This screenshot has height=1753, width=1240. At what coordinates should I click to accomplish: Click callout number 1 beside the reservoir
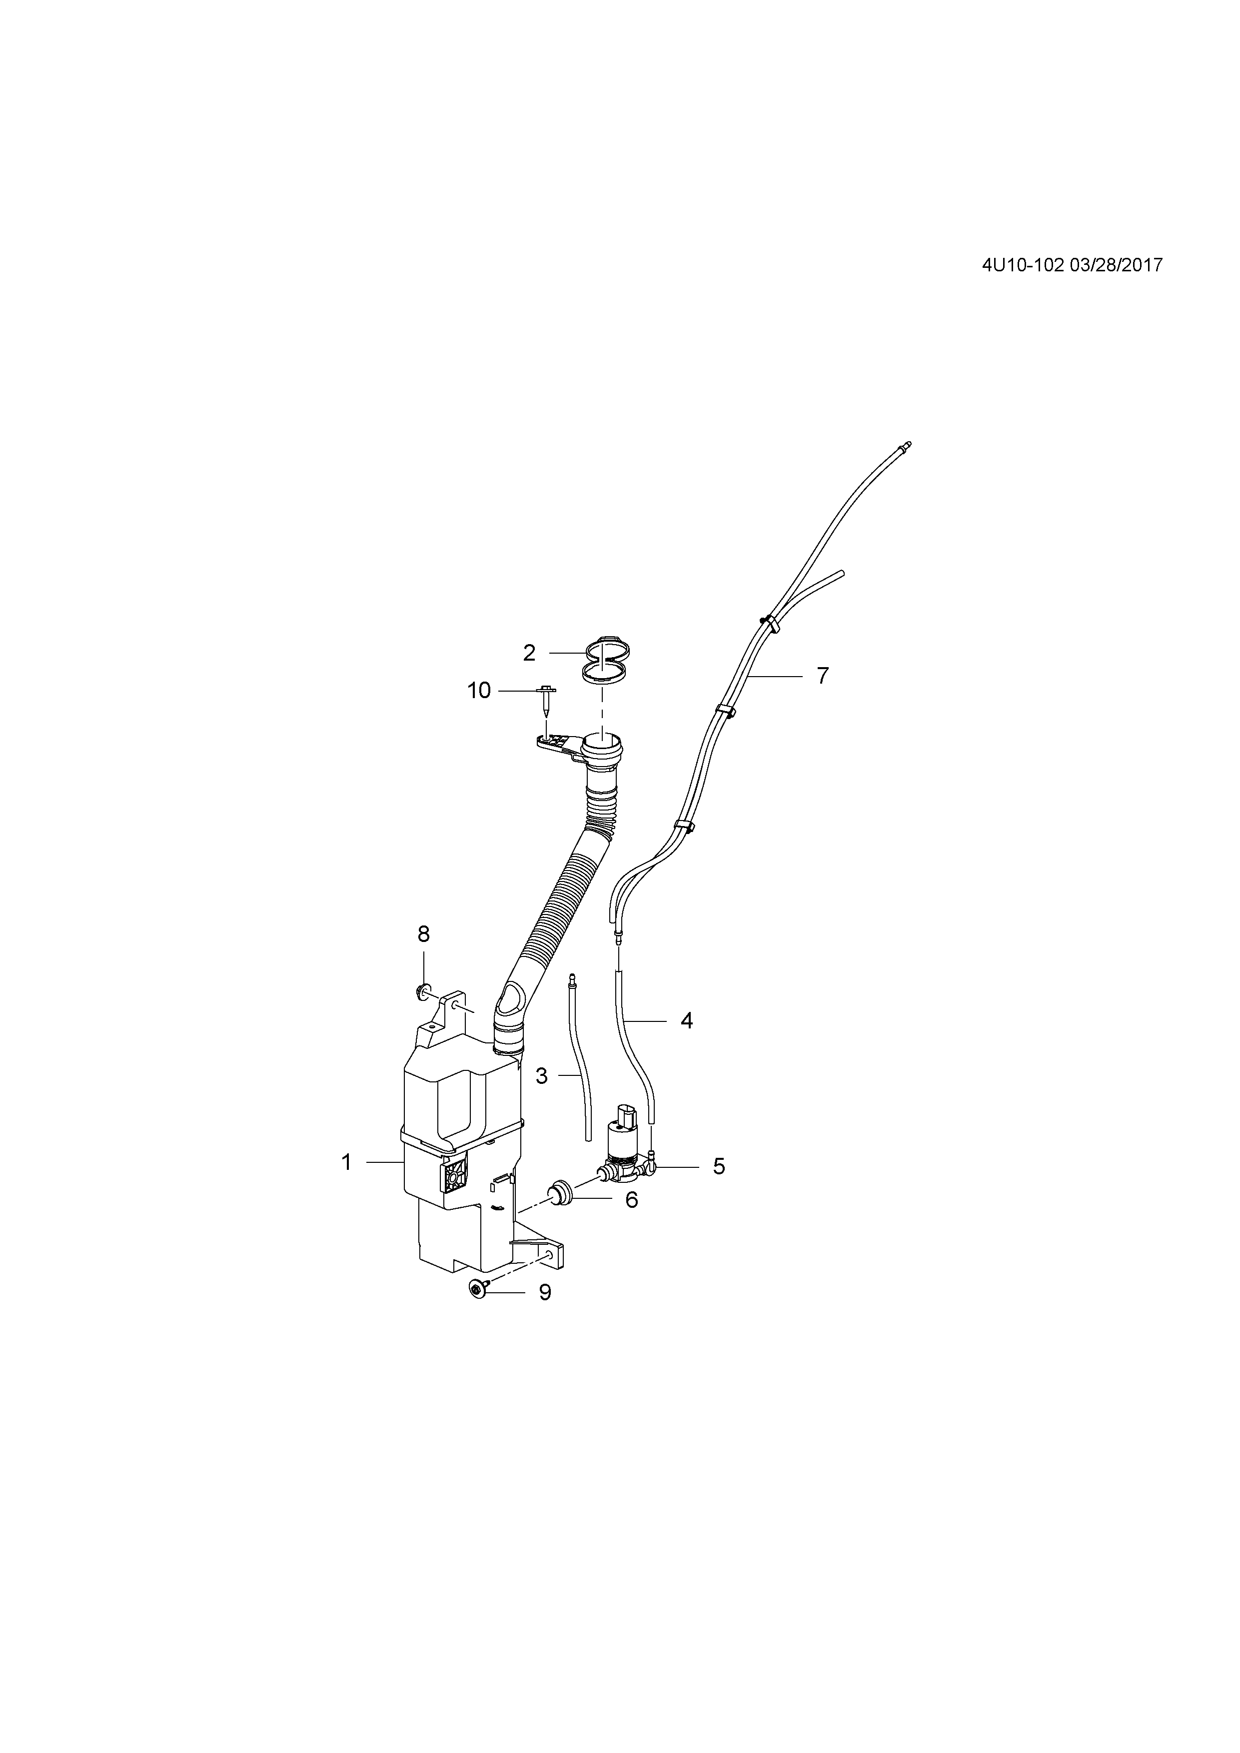coord(347,1184)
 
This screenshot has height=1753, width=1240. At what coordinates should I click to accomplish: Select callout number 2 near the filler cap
coord(529,653)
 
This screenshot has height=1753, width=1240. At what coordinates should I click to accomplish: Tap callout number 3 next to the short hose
coord(541,1076)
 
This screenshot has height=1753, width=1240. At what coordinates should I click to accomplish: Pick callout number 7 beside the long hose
coord(822,676)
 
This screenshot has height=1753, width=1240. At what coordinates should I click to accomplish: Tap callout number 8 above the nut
coord(424,934)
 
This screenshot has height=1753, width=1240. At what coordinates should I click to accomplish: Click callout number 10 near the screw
coord(479,691)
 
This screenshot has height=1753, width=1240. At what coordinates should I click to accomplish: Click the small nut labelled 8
coord(421,992)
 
